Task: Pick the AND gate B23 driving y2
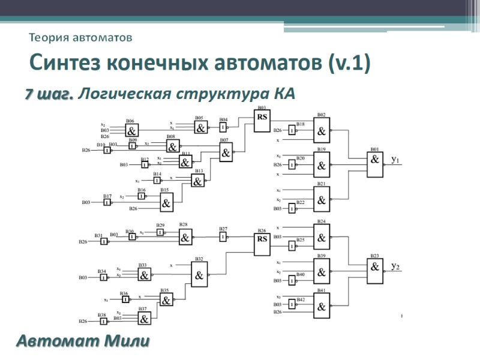click(x=376, y=272)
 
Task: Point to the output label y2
click(x=395, y=266)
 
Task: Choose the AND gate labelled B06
click(x=131, y=130)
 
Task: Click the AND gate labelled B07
click(x=226, y=153)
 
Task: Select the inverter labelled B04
click(x=223, y=128)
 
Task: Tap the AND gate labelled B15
click(x=166, y=203)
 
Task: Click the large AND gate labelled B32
click(x=200, y=275)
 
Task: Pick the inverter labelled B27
click(x=223, y=236)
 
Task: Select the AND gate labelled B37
click(x=144, y=319)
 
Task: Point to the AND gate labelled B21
click(x=322, y=199)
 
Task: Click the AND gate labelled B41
click(x=322, y=306)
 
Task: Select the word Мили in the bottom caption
click(x=126, y=342)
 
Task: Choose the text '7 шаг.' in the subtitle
click(x=49, y=94)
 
